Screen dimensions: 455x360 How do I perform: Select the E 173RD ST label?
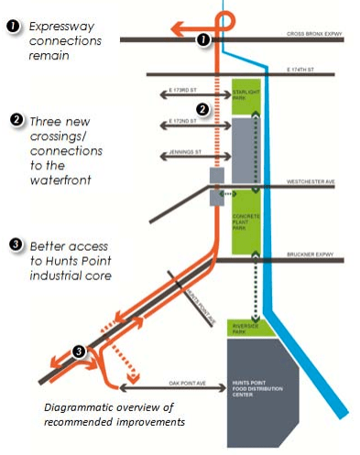pos(187,91)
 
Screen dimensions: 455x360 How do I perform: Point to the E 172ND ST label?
pos(187,121)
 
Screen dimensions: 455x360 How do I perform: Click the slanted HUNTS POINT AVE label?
pos(204,301)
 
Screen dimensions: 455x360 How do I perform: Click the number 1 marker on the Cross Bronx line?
pos(203,40)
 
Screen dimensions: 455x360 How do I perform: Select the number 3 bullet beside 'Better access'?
pos(16,244)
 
